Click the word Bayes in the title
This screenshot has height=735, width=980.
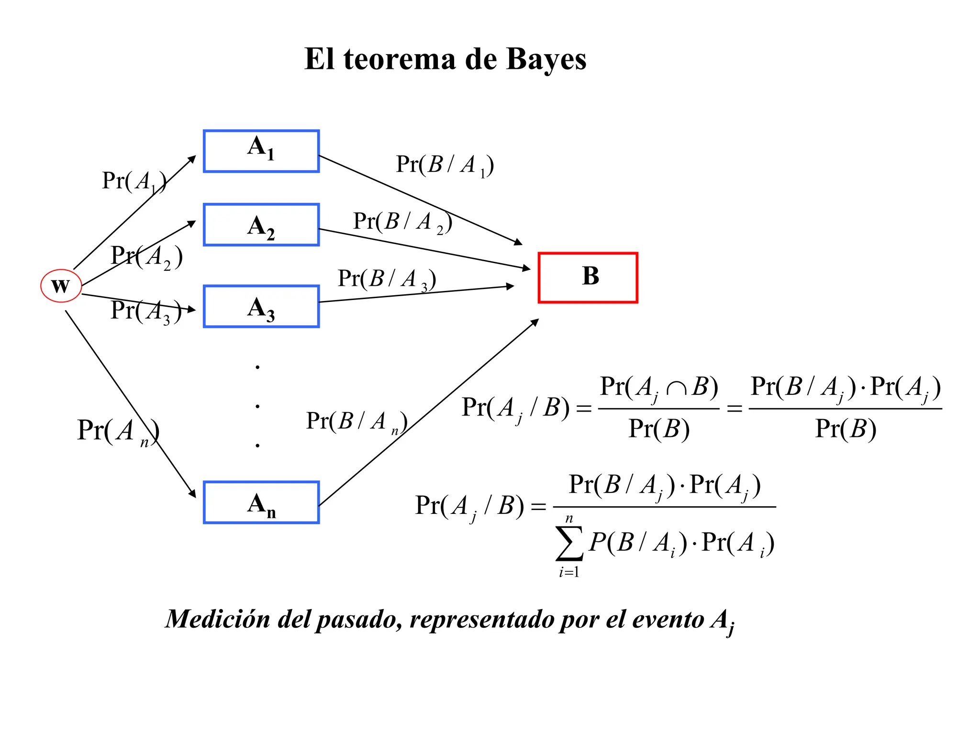click(546, 59)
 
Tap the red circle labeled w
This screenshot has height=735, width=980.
click(61, 286)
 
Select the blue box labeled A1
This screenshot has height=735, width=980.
click(261, 151)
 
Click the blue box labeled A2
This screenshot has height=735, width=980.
click(261, 224)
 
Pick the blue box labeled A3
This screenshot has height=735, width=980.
click(261, 306)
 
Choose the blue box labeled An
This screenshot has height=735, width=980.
click(261, 502)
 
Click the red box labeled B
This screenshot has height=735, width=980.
click(588, 278)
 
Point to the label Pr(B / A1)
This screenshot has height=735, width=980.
click(445, 165)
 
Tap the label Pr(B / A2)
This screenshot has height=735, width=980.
click(402, 222)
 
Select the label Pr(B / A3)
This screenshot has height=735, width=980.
click(387, 279)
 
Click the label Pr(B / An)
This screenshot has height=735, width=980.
click(356, 422)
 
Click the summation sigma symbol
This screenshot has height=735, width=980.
click(569, 543)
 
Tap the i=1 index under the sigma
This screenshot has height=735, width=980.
click(569, 572)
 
